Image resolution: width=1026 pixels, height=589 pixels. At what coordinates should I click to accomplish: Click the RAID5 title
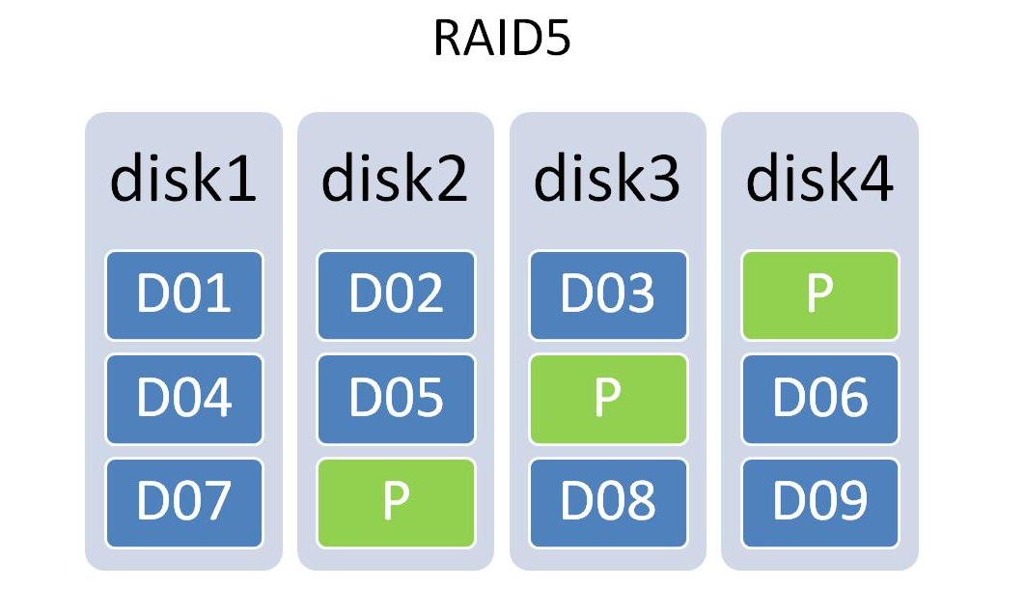(502, 38)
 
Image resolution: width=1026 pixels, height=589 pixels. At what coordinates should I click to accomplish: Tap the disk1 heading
(183, 178)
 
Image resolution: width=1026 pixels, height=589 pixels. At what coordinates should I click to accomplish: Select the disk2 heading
(395, 178)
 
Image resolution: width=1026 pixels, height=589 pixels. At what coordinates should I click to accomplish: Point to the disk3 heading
(607, 178)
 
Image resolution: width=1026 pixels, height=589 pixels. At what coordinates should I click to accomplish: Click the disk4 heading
(819, 178)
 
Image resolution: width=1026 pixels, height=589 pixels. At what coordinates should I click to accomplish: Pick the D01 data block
(183, 295)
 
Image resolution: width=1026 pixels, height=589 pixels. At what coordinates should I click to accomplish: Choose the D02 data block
(396, 295)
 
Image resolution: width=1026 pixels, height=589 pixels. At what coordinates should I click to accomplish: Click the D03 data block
(608, 295)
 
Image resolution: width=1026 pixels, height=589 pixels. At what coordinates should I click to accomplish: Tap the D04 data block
(183, 399)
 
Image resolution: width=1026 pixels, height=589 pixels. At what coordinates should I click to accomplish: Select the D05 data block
(396, 399)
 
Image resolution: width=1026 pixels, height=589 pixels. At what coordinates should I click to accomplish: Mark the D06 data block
(820, 399)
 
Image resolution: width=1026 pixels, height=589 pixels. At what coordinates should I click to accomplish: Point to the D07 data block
(183, 503)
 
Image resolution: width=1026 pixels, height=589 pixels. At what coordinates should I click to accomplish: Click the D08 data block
(608, 503)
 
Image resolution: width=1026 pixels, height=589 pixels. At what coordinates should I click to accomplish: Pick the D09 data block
(820, 503)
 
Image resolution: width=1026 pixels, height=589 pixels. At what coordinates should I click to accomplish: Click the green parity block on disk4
(820, 295)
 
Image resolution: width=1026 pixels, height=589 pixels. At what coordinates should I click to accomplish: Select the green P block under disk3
(608, 399)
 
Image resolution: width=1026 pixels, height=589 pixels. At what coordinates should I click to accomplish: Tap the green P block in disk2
(396, 503)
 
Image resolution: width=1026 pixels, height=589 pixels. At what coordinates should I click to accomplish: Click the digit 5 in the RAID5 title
(557, 39)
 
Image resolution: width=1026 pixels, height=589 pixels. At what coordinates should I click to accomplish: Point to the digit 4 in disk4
(875, 178)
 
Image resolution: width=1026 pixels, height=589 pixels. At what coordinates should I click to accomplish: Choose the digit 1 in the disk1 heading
(242, 178)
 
